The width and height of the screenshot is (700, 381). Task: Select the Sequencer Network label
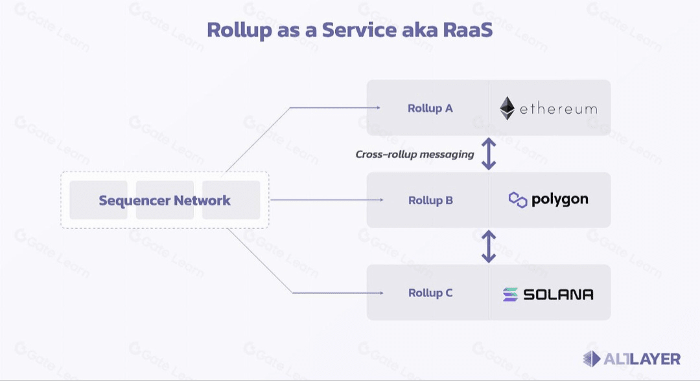pos(165,201)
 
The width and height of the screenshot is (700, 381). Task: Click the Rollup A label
pos(430,108)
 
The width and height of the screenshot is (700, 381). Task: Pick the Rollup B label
pos(430,201)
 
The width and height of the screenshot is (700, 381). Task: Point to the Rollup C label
pos(430,293)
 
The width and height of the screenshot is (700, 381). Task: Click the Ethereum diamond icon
pos(507,109)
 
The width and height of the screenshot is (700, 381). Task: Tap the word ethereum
pos(558,109)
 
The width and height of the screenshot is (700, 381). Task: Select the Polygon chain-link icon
pos(518,200)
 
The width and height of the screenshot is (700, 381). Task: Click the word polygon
pos(560,200)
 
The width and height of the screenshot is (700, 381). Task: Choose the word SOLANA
pos(558,294)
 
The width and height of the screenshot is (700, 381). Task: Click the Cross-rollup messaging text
pos(415,155)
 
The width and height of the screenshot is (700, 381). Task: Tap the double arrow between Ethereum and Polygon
pos(489,154)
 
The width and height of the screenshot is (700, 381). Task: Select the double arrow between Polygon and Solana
pos(489,246)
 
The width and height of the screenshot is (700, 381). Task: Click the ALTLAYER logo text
pos(642,359)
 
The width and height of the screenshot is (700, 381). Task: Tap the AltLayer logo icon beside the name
pos(592,359)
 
